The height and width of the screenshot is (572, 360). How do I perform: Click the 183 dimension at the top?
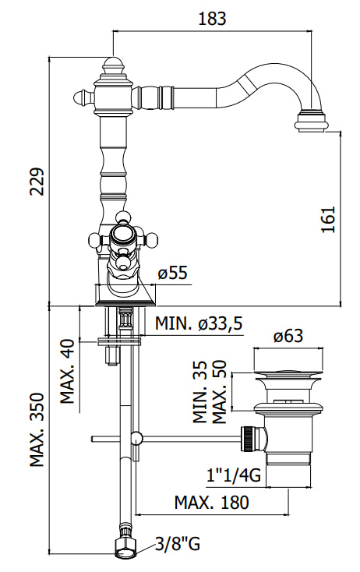212,19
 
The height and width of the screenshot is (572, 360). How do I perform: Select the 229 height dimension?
37,182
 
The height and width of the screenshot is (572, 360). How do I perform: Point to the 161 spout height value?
327,220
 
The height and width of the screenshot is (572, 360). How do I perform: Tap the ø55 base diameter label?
173,273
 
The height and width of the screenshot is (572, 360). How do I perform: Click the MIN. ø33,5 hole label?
199,323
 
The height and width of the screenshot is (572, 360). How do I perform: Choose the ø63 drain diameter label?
288,336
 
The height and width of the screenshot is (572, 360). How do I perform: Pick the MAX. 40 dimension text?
68,371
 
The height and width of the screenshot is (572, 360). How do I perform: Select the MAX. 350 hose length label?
37,429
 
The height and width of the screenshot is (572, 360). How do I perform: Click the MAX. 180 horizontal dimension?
211,503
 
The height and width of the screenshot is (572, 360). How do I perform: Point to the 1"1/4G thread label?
234,475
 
